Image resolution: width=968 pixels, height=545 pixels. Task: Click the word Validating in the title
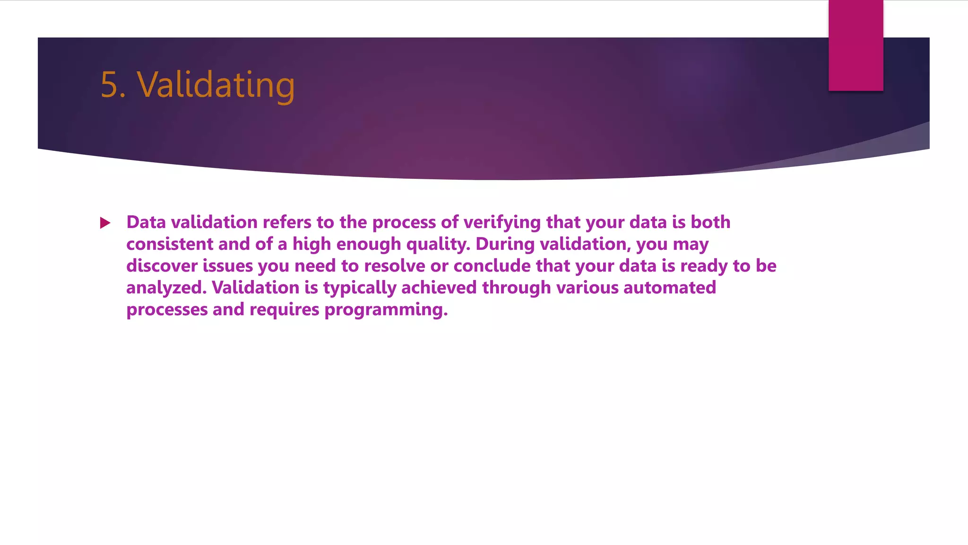coord(216,85)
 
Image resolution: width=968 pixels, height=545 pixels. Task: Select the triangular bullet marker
coord(105,223)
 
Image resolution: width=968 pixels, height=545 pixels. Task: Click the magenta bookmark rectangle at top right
coord(856,45)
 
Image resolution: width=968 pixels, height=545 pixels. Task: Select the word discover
coord(162,266)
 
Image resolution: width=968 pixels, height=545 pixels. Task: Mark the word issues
coord(228,266)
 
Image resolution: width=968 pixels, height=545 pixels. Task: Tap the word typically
coord(360,288)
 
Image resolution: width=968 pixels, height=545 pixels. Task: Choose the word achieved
coord(439,288)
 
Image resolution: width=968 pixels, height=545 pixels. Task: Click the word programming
coord(386,310)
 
